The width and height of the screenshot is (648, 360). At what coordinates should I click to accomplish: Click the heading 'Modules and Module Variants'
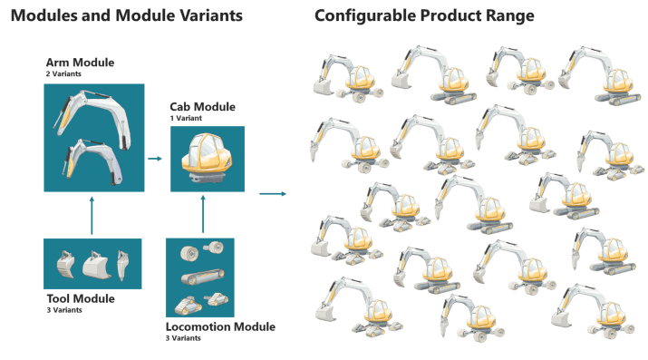pyautogui.click(x=126, y=16)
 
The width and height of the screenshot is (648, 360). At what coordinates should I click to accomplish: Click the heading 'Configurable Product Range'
pyautogui.click(x=423, y=16)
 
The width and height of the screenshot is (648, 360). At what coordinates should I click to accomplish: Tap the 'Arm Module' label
pyautogui.click(x=80, y=63)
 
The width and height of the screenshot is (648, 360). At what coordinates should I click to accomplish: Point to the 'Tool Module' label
pyautogui.click(x=80, y=298)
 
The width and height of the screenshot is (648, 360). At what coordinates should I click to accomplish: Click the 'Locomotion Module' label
pyautogui.click(x=220, y=326)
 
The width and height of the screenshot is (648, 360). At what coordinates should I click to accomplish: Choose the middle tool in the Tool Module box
pyautogui.click(x=94, y=265)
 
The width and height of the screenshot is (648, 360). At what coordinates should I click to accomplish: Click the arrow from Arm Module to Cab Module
pyautogui.click(x=155, y=159)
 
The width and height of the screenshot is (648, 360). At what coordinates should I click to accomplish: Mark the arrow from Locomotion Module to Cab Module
pyautogui.click(x=201, y=213)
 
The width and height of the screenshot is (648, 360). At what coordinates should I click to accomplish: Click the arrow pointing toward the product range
pyautogui.click(x=273, y=193)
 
